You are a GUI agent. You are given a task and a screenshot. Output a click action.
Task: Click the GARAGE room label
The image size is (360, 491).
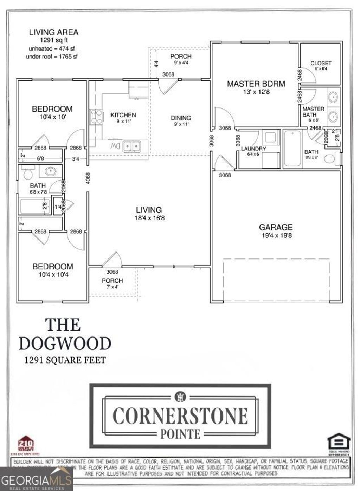coord(276,227)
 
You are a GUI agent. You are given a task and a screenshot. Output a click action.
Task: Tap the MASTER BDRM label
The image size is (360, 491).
coord(256,84)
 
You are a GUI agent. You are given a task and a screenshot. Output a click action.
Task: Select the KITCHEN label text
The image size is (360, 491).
coord(123,115)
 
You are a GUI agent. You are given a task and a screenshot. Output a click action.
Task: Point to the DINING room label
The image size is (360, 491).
coord(181,118)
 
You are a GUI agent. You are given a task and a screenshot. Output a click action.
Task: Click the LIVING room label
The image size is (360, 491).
coord(149,210)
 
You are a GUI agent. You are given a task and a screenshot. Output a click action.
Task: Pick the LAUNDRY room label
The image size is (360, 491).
coord(253,149)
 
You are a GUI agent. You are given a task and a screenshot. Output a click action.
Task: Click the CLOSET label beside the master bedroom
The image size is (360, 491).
coord(321,63)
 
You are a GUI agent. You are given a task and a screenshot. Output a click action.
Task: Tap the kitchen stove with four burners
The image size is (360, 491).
coord(96,117)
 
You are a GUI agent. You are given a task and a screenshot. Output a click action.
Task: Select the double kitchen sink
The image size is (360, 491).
coord(131,145)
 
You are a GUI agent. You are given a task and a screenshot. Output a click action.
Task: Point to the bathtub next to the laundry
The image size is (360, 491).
coord(292,148)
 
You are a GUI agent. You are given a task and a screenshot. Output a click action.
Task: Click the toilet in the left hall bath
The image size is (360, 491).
coord(27,173)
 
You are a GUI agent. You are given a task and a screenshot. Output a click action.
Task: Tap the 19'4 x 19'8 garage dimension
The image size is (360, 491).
coord(276,235)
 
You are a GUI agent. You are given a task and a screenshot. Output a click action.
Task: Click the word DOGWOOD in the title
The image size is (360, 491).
coord(65,343)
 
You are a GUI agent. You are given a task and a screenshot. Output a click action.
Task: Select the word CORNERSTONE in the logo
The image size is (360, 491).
coord(180,416)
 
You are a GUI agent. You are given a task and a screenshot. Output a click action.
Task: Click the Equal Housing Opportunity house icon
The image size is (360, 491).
coord(339,442)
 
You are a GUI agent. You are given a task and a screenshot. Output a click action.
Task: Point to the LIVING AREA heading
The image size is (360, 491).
coord(53,32)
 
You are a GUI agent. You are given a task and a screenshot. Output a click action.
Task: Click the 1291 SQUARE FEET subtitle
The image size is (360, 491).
coord(65,360)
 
